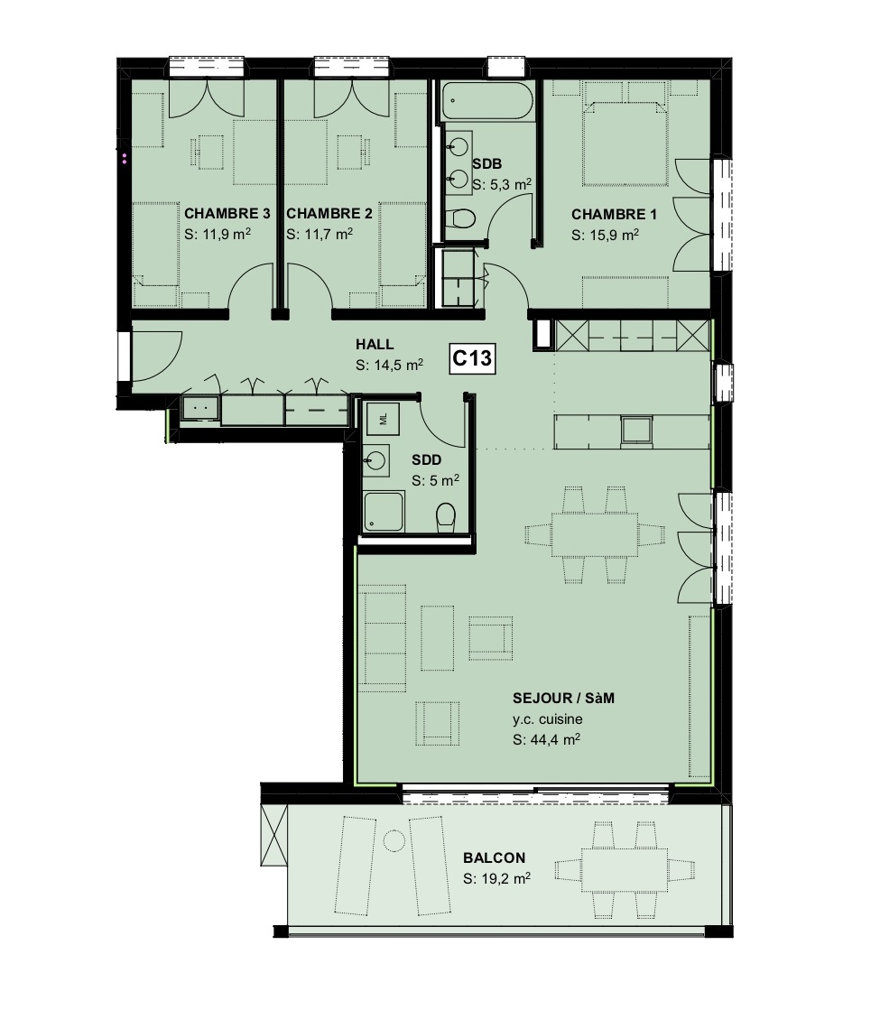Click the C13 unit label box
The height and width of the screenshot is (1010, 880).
point(472,359)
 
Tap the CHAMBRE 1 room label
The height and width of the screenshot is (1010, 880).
point(615,215)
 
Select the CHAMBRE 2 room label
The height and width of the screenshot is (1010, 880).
point(329,214)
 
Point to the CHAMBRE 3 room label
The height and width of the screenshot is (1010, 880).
point(227,214)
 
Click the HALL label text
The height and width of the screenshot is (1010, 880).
point(375,344)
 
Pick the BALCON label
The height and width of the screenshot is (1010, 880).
point(495,857)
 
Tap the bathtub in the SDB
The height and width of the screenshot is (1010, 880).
point(487,101)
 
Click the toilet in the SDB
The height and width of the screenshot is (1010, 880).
point(462,218)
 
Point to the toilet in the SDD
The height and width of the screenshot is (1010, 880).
point(446,517)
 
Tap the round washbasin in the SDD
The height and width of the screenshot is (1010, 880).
point(377,461)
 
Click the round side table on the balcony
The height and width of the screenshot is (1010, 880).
point(393,840)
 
